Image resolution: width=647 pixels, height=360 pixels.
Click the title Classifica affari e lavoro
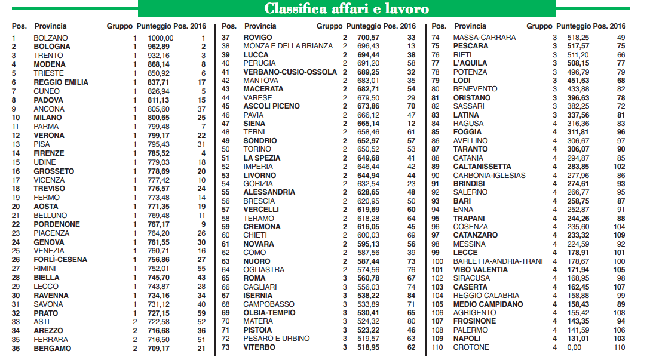point(347,8)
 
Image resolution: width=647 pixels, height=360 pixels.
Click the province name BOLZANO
point(51,38)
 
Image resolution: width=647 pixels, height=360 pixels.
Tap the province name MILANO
point(47,118)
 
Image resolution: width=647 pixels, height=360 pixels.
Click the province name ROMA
point(254,278)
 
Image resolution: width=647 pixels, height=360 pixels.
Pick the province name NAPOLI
point(467,339)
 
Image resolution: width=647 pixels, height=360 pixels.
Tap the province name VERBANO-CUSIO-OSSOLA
point(290,72)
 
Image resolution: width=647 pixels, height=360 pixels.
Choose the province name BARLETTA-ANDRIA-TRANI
point(498,261)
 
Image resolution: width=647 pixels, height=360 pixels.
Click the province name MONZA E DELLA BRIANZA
point(288,46)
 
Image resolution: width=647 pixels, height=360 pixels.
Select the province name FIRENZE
point(49,153)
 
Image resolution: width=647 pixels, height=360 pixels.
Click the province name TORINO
point(257,149)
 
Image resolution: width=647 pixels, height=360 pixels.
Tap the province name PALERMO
point(471,330)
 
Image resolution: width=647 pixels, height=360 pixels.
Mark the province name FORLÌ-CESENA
point(60,260)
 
